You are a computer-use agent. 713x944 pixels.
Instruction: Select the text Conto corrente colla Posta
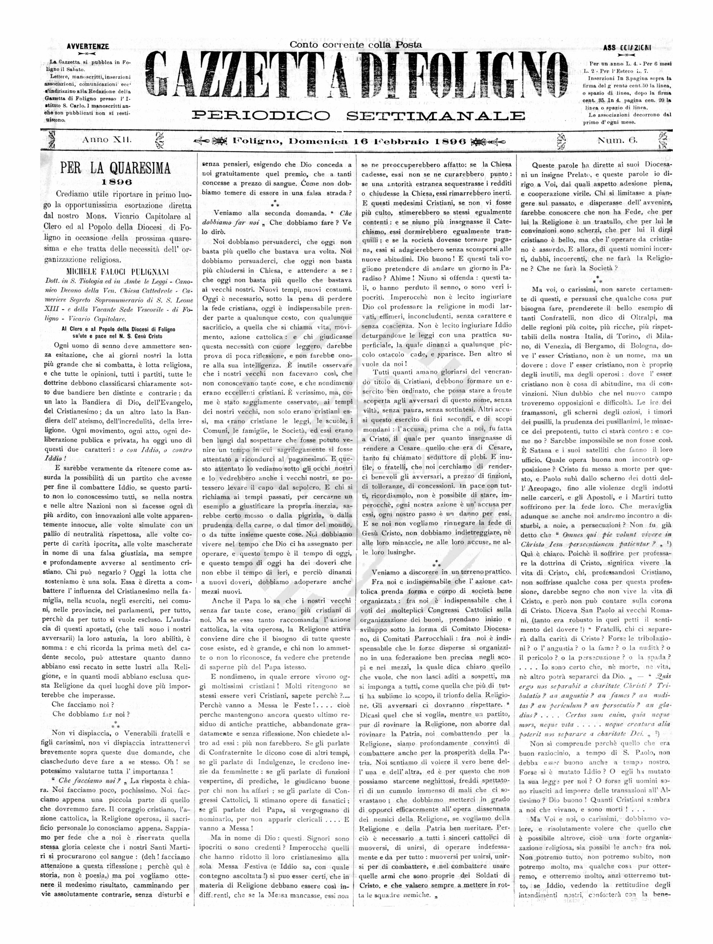click(x=355, y=44)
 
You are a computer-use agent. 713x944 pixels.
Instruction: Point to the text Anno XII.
click(x=107, y=140)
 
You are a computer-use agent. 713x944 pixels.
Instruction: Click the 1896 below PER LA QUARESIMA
click(x=115, y=182)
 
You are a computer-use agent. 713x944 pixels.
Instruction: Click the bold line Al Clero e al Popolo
click(x=118, y=329)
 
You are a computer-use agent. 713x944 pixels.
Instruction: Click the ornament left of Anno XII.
click(x=52, y=140)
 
